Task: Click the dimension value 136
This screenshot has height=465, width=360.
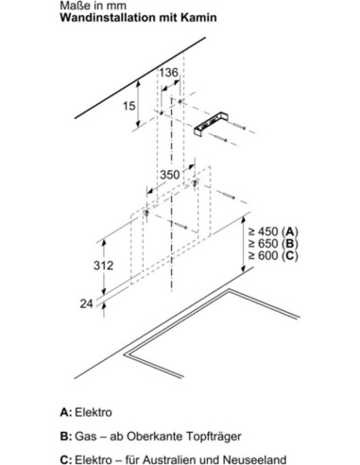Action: point(168,73)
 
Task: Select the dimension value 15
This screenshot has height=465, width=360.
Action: point(129,106)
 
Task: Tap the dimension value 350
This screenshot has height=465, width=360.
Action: point(169,175)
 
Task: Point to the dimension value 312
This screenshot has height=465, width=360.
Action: point(103,266)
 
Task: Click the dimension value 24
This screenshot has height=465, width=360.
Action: point(86,303)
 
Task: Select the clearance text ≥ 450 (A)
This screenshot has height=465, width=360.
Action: point(273,232)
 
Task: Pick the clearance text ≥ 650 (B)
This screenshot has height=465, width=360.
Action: point(273,244)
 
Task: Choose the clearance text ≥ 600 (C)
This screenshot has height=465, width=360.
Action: point(273,255)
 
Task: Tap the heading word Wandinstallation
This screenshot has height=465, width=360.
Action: point(108,18)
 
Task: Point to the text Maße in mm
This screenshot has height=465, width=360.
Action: point(93,6)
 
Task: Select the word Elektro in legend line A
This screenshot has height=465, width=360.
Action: point(94,412)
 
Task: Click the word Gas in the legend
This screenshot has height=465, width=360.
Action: point(84,437)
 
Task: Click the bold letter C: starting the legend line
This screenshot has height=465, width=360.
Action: point(66,459)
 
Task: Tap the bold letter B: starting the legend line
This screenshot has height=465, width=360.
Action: point(66,437)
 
